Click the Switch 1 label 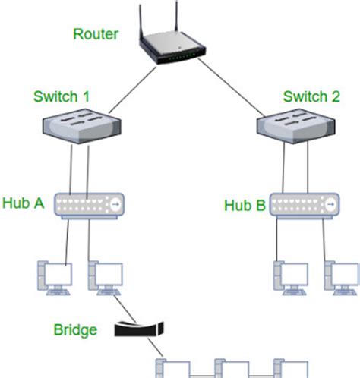pos(62,97)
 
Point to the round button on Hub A pos(115,205)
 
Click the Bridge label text pos(75,330)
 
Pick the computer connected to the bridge pos(105,278)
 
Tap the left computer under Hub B pos(289,278)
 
